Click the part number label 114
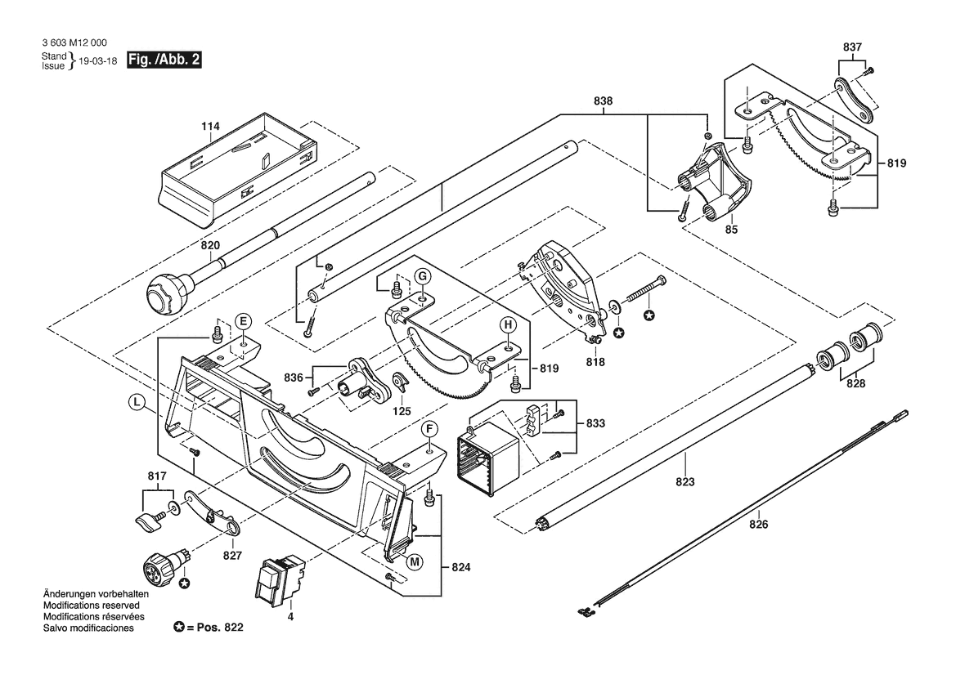click(211, 127)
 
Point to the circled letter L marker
click(137, 401)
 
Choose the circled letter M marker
click(415, 561)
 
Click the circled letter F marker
click(428, 429)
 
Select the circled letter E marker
click(244, 320)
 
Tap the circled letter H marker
click(508, 325)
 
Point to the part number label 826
click(758, 525)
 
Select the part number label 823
click(684, 481)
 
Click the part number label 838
click(604, 101)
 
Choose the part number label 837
click(853, 47)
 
